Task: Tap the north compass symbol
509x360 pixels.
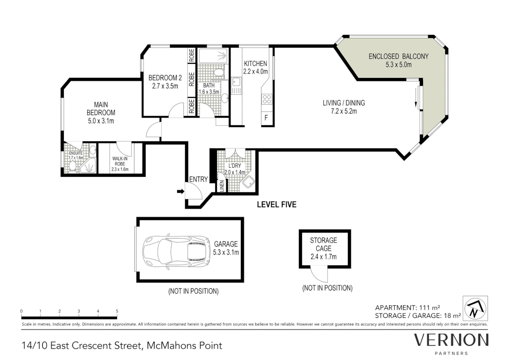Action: click(x=475, y=308)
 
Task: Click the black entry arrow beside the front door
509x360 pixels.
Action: click(x=181, y=191)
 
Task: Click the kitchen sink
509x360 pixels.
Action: click(x=236, y=86)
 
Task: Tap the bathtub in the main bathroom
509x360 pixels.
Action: click(x=213, y=56)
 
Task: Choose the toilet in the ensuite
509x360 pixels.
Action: click(x=72, y=166)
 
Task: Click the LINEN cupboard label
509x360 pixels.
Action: click(x=222, y=186)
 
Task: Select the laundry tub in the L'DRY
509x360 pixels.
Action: click(x=248, y=182)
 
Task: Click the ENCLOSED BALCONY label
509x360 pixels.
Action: click(x=398, y=56)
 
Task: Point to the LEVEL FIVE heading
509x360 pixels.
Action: click(x=276, y=204)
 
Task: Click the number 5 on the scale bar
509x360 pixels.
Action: click(x=117, y=311)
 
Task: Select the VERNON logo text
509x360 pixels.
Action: click(x=451, y=340)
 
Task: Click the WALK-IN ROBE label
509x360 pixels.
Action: click(x=120, y=161)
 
